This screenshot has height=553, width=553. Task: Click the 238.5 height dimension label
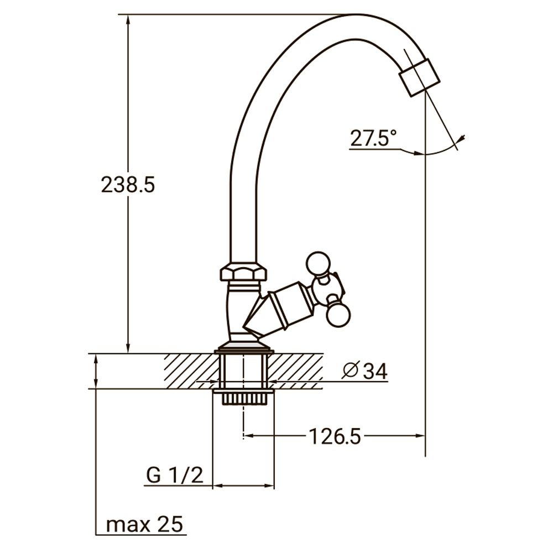(x=128, y=185)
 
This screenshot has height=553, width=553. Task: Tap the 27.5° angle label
(x=373, y=138)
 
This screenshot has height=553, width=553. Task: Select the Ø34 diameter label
(x=364, y=371)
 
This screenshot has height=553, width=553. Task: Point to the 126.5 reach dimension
(x=335, y=436)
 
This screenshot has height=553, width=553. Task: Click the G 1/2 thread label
(x=174, y=475)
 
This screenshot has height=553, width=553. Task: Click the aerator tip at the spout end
(x=419, y=77)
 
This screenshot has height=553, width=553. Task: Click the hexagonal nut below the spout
(x=243, y=272)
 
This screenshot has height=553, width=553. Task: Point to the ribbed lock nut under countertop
(x=243, y=398)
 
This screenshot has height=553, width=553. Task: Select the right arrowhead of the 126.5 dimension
(x=421, y=436)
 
